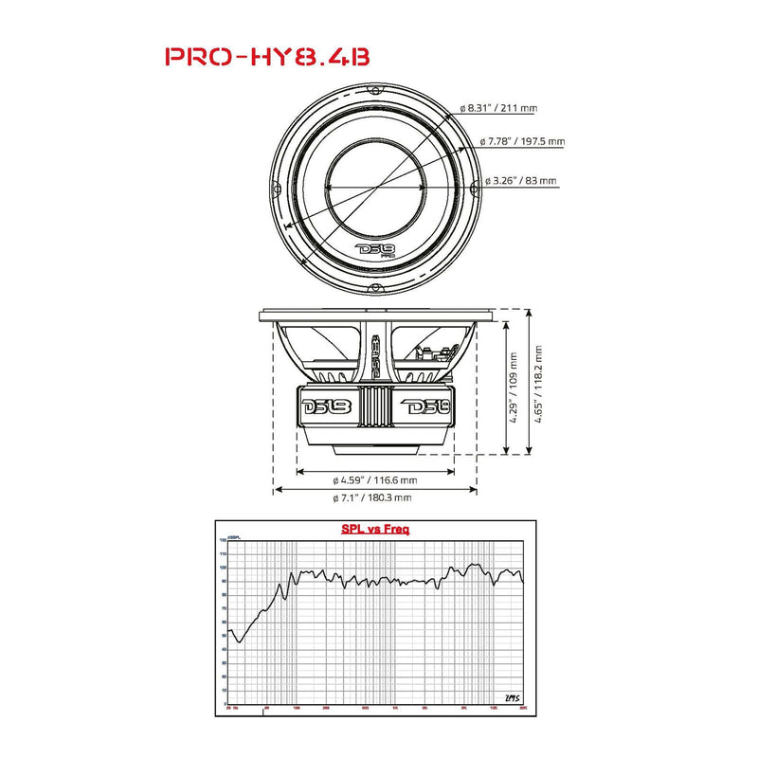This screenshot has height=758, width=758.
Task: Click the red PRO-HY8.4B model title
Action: pos(268,56)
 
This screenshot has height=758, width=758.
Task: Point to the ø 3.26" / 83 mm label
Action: pos(520,180)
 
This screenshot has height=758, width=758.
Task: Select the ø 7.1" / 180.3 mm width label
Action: pos(372,497)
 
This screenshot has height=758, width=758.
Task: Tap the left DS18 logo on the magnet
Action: pos(326,408)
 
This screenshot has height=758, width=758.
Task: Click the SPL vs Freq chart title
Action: pos(375,530)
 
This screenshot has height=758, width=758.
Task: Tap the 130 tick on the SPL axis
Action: pos(224,540)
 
